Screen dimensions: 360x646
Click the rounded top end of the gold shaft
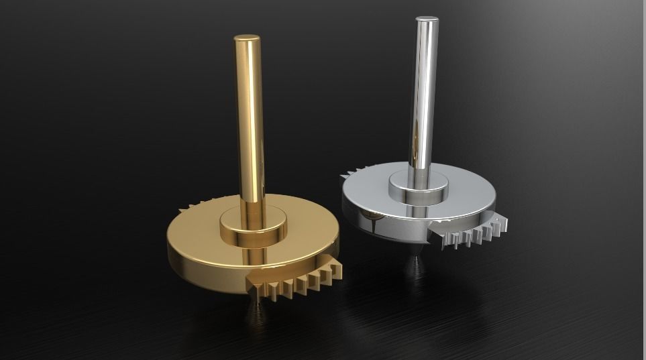point(247,39)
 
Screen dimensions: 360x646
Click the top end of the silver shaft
point(426,21)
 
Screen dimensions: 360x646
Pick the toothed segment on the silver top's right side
point(470,231)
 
